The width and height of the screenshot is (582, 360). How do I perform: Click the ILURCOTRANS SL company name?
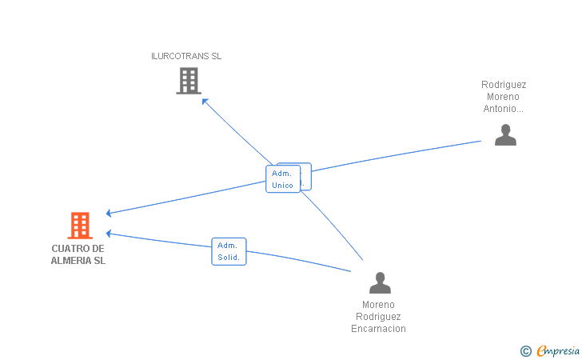click(186, 56)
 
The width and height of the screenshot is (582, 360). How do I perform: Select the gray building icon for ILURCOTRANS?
click(188, 81)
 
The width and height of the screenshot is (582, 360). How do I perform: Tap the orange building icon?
click(79, 226)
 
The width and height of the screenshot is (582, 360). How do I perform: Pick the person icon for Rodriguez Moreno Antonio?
click(505, 135)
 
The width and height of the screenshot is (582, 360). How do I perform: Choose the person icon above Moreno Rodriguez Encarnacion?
click(380, 282)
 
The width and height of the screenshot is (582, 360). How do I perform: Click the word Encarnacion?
click(378, 329)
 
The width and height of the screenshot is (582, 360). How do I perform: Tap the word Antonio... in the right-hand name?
click(504, 108)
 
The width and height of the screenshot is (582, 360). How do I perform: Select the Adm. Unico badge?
click(282, 179)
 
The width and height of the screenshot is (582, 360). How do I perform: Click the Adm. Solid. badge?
click(229, 251)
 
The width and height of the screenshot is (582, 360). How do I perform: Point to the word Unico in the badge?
click(282, 186)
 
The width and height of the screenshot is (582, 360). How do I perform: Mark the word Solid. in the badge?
click(229, 258)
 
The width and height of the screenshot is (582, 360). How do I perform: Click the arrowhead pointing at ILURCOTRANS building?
click(204, 100)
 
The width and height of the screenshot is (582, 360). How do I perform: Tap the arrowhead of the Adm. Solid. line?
click(110, 234)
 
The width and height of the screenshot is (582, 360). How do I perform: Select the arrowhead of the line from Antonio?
click(110, 213)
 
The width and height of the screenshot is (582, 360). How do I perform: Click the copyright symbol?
click(525, 350)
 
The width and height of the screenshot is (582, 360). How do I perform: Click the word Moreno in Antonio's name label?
click(504, 96)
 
